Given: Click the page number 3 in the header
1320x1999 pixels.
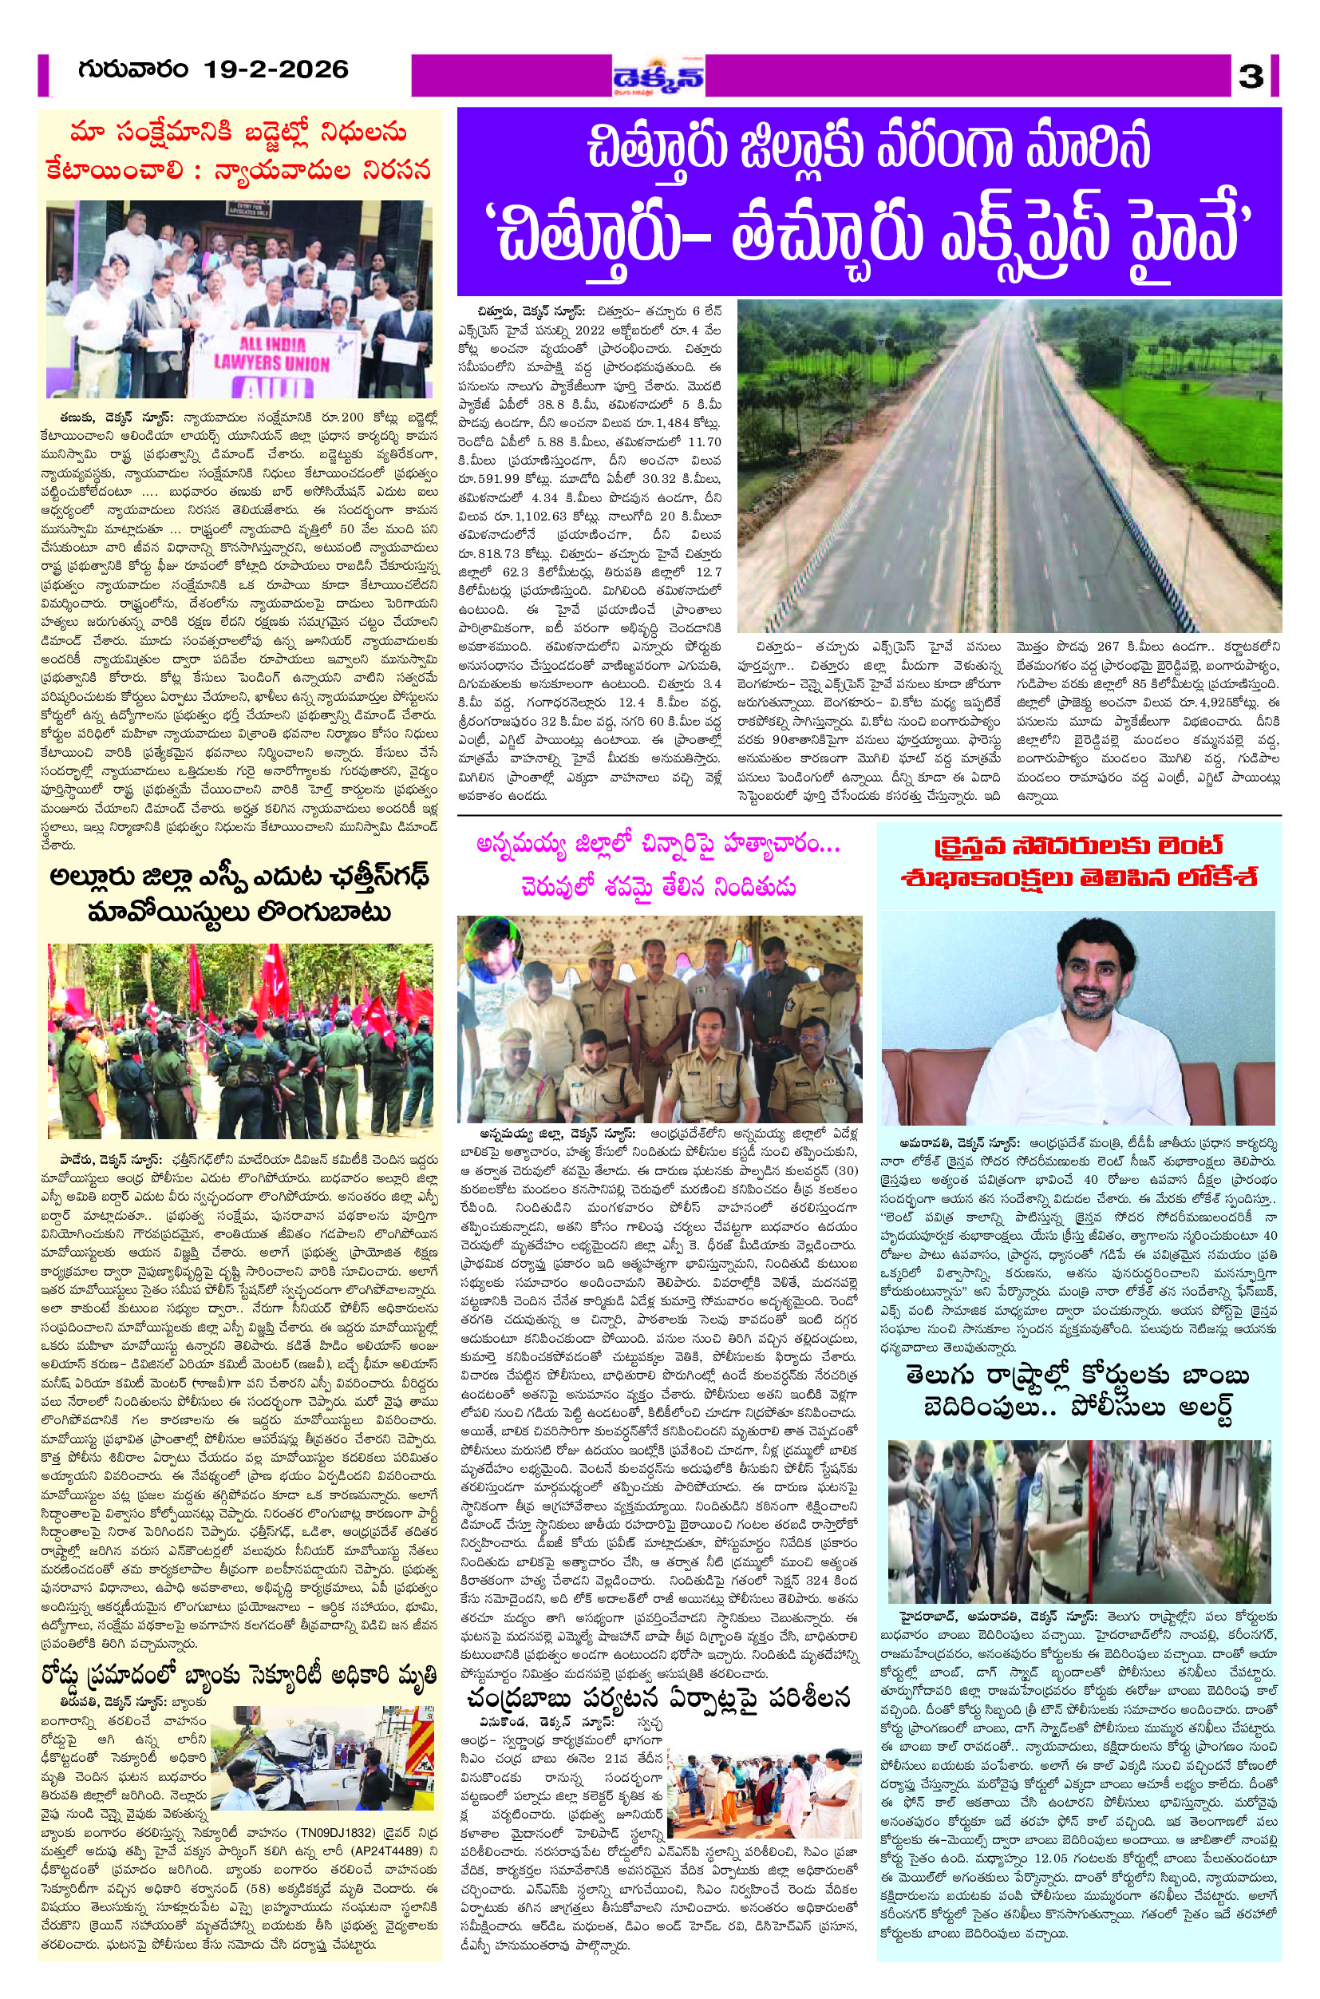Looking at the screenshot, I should coord(1250,77).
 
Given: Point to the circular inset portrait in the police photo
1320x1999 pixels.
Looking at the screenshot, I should coord(493,948).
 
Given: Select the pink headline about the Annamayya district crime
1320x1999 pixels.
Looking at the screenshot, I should coord(658,866).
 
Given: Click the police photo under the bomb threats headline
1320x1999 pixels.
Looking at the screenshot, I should coord(1078,1508).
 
